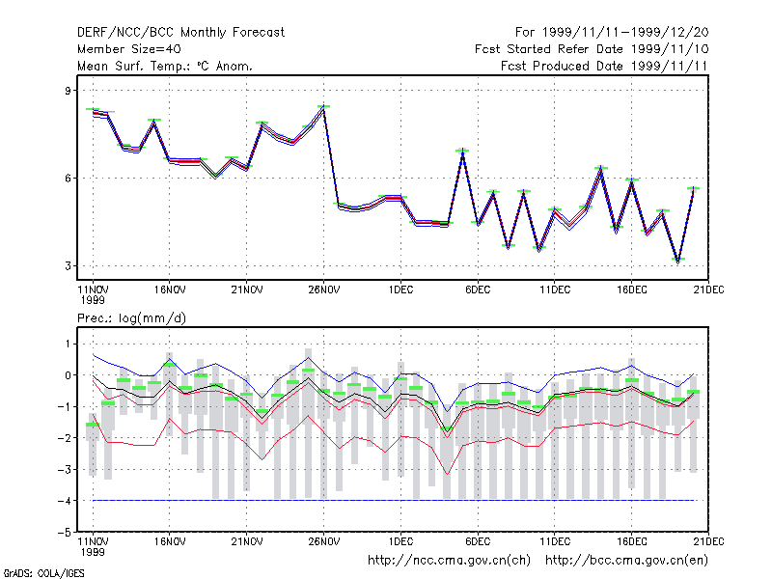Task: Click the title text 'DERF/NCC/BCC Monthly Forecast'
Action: [180, 33]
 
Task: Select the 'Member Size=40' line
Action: [129, 49]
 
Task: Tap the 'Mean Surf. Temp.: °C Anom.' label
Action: [165, 66]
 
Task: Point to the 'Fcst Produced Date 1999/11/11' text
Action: [604, 66]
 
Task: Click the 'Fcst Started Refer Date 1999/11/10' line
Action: [592, 49]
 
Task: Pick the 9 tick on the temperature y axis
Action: [68, 91]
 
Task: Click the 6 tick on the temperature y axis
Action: [68, 179]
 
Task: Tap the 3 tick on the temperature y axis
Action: [68, 266]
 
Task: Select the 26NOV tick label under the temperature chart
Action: [324, 290]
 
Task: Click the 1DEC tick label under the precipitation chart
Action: [400, 541]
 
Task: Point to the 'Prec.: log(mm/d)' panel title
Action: [131, 318]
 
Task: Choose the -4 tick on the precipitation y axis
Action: [65, 501]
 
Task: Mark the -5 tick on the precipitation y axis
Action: [65, 533]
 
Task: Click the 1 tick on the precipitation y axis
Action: [68, 345]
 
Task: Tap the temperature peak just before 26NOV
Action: [323, 109]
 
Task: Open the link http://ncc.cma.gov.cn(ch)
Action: [449, 561]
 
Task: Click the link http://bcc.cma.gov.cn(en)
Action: [626, 561]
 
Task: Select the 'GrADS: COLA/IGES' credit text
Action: [43, 573]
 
